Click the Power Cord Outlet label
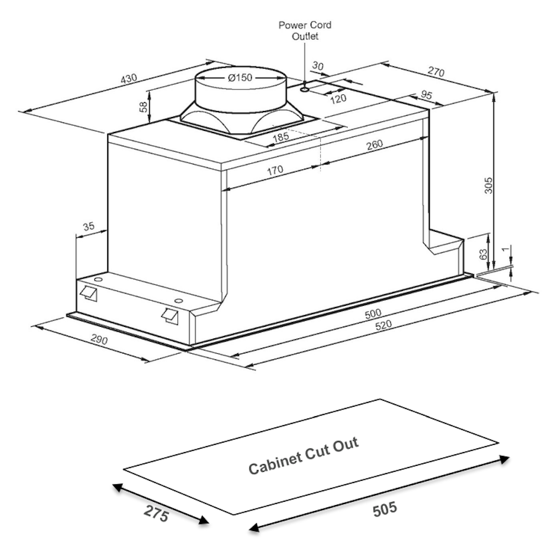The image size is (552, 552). coord(305,30)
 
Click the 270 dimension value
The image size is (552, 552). coord(436,72)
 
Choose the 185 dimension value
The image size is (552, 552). coord(281,136)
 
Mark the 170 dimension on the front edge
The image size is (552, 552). coord(274,171)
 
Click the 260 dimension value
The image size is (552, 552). coord(374,146)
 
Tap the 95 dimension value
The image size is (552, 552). coord(427,95)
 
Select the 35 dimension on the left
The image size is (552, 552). coord(88,226)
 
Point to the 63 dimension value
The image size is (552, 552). coord(484,254)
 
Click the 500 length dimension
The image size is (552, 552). coord(373,314)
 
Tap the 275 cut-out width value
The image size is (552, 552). coord(156,513)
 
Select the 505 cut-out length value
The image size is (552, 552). coord(385,508)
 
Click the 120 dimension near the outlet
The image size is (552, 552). coord(338,98)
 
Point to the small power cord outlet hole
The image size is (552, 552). coord(305,88)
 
